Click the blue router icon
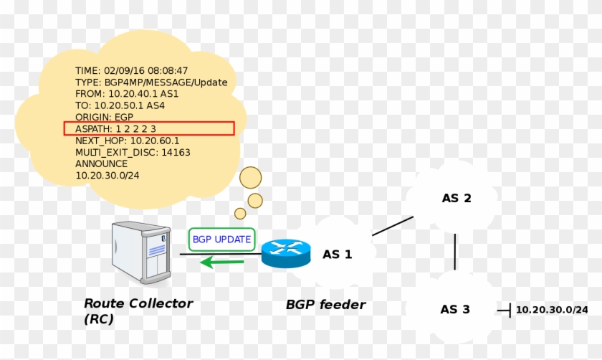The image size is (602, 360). tap(286, 252)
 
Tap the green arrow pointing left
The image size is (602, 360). tap(221, 262)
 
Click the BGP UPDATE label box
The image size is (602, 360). tap(221, 239)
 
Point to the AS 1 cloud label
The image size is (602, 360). tap(337, 254)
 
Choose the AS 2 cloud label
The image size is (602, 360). tap(456, 198)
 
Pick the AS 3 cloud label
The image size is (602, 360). tap(455, 309)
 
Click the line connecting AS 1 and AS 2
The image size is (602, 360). tap(392, 226)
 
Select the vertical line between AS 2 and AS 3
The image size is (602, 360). tap(455, 251)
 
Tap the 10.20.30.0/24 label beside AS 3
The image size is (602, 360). tap(552, 310)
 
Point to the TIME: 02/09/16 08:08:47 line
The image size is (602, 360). tap(132, 71)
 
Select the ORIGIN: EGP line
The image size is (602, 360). tap(104, 117)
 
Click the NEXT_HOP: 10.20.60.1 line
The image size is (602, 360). tap(127, 141)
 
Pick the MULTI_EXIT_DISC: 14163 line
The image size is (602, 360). tap(133, 152)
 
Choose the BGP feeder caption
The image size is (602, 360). tap(325, 305)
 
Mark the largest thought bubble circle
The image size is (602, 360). tap(250, 177)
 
